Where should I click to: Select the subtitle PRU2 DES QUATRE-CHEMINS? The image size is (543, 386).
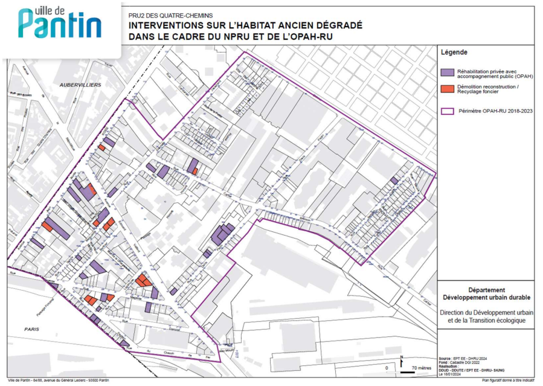(170, 14)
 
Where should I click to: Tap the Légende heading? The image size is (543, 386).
(454, 53)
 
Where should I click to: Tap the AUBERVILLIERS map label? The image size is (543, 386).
(80, 85)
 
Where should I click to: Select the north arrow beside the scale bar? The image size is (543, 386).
(401, 362)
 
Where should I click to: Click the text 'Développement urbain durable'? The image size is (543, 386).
(486, 297)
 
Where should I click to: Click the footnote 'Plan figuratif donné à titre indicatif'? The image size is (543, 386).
(507, 381)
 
